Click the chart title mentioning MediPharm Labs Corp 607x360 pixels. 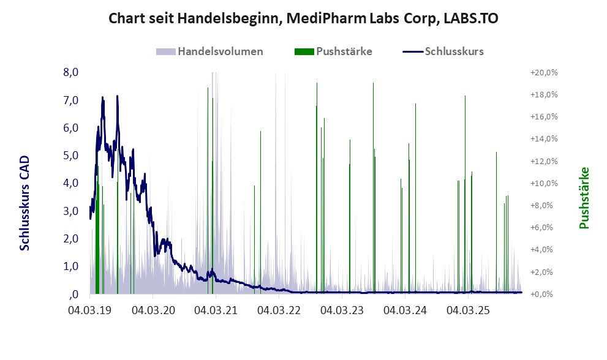(303, 18)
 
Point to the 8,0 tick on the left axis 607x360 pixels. (71, 72)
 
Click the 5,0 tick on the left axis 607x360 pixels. (71, 156)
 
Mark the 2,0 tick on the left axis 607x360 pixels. (71, 239)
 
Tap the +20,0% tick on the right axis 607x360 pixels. (544, 72)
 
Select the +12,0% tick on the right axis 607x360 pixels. (544, 161)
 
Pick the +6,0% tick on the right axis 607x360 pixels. (544, 228)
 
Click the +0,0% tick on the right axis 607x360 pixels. (544, 294)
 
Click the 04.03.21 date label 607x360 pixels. (215, 311)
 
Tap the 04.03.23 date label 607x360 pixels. (341, 311)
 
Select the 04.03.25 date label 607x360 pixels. (467, 311)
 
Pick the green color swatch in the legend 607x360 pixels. (304, 51)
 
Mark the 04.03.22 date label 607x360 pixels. (278, 311)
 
